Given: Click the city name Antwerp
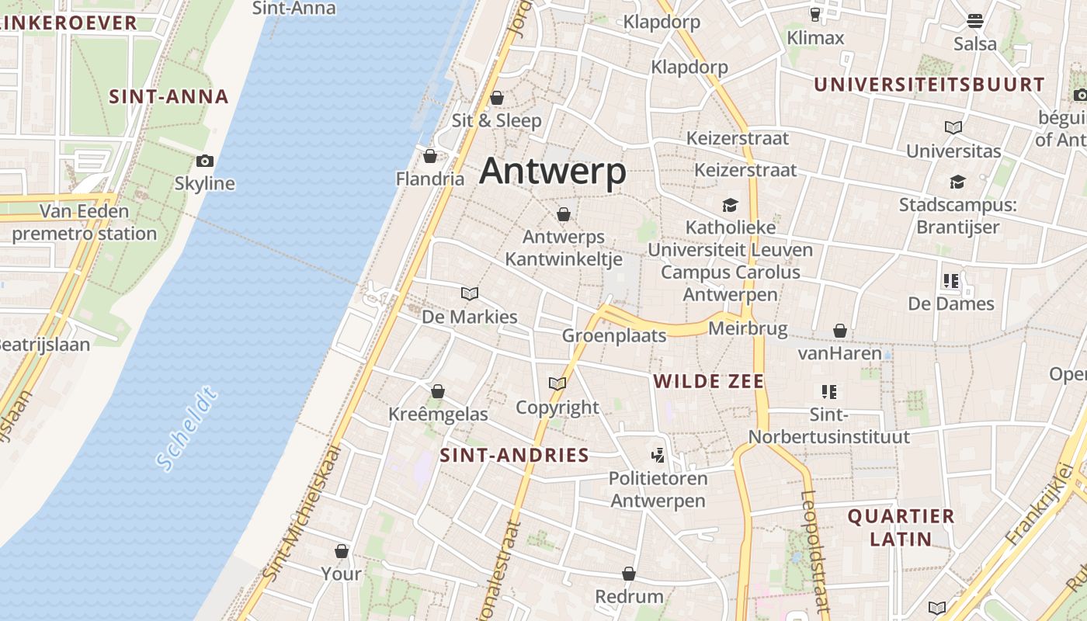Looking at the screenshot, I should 552,171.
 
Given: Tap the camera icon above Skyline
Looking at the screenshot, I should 205,161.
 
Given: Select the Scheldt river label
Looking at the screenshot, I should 186,431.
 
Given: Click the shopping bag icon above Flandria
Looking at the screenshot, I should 429,157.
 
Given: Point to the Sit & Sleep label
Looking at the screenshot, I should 497,120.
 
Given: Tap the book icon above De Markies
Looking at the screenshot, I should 469,293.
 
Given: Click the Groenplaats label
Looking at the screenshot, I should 614,335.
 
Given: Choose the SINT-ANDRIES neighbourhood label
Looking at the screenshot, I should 515,455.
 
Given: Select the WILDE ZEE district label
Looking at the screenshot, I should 709,381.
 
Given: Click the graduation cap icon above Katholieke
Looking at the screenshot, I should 730,206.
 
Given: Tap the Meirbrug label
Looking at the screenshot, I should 748,329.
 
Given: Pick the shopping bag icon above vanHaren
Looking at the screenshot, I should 839,331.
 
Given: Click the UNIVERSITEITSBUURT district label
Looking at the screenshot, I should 929,85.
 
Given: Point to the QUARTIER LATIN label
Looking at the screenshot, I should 901,527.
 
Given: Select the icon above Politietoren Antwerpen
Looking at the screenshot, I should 658,456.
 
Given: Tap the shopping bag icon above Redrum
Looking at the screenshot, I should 629,574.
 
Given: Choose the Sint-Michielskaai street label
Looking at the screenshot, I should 304,512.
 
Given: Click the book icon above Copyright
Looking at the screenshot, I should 557,384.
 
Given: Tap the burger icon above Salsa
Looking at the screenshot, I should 975,21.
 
